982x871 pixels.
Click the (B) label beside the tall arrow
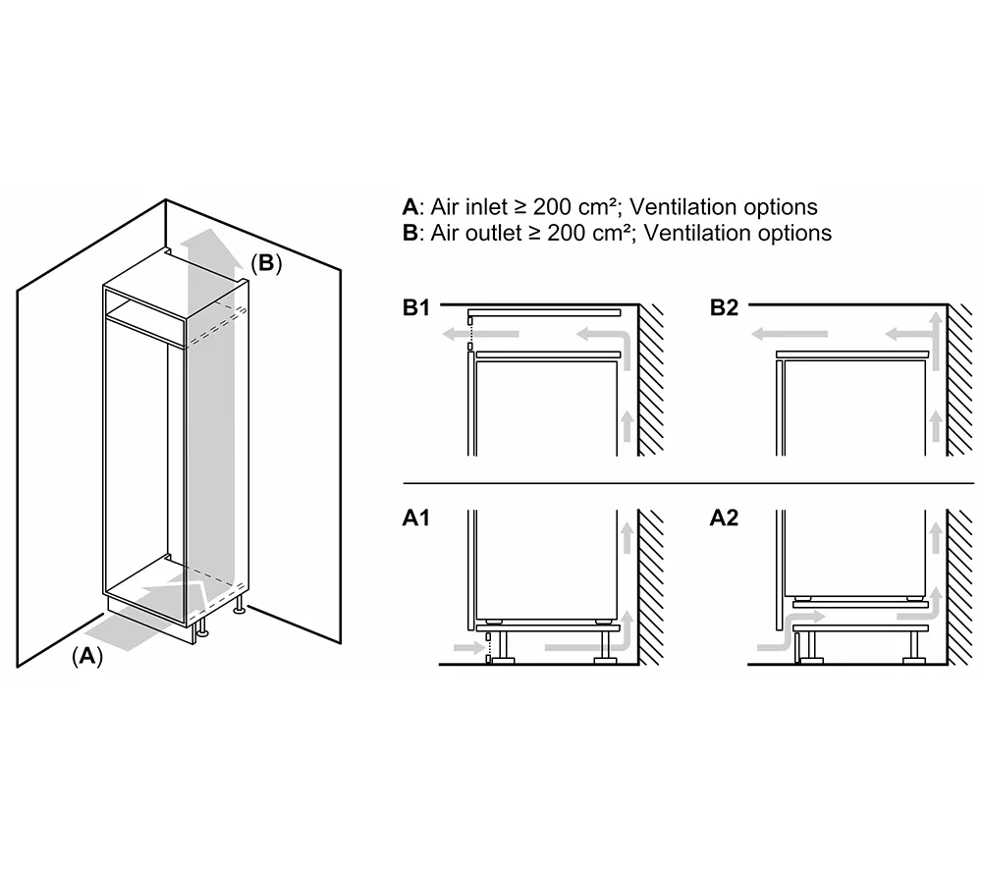coord(266,263)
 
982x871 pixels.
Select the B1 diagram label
coord(416,307)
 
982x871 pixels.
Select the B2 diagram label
coord(724,307)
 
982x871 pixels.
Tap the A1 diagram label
coord(416,517)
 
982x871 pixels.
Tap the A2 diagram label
coord(724,517)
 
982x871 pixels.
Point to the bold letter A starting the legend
coord(409,207)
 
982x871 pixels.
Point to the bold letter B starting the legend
coord(409,233)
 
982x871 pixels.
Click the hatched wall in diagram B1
coord(651,383)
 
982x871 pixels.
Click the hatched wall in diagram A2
coord(959,589)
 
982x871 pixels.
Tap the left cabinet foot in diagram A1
coord(504,647)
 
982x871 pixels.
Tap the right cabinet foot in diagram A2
coord(914,647)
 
